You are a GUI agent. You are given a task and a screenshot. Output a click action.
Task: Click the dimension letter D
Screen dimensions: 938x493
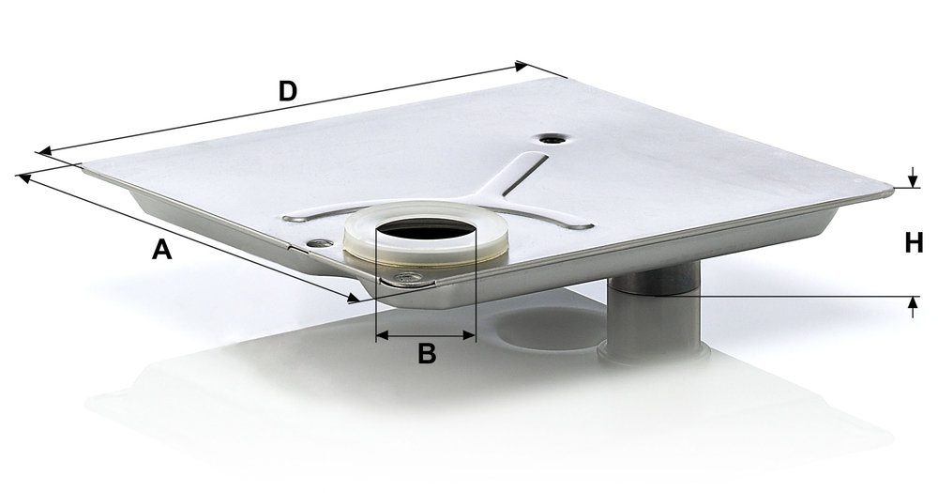(x=288, y=91)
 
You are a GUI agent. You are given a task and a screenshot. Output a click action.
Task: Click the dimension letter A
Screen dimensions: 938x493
(x=161, y=249)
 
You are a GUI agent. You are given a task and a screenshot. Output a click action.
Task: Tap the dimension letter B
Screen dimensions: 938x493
(x=427, y=353)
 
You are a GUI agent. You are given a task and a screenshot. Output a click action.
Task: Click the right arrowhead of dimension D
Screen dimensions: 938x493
(x=521, y=66)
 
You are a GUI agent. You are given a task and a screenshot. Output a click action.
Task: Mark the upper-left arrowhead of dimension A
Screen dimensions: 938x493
(x=24, y=177)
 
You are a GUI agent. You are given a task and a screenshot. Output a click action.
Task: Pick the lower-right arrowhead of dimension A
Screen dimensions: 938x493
(x=353, y=297)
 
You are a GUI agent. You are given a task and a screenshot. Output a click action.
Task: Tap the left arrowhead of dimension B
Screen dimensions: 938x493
(x=382, y=336)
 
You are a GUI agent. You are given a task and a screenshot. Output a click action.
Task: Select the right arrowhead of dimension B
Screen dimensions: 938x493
(x=470, y=336)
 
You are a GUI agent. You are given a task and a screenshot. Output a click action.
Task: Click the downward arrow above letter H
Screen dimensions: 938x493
(x=913, y=177)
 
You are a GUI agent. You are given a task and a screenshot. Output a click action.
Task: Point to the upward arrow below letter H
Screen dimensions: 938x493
(x=913, y=306)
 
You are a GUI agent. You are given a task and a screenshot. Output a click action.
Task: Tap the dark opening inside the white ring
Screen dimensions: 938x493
(x=426, y=230)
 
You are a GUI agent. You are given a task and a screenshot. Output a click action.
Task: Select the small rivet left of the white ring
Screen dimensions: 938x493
(x=318, y=243)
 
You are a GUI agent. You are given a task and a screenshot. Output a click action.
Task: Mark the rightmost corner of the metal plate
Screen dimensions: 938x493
(x=891, y=191)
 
